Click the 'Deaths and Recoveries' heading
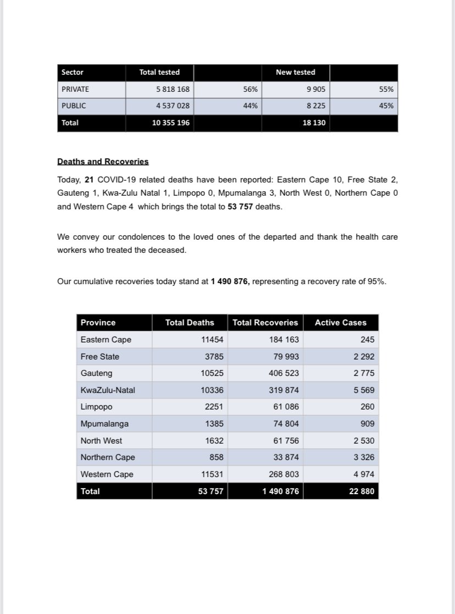103,162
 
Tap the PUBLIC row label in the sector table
74,106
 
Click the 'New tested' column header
296,72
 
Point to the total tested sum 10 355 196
171,123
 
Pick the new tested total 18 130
314,123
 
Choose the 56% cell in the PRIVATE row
251,88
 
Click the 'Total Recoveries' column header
265,323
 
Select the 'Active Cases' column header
340,323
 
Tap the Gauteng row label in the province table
96,373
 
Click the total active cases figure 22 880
362,491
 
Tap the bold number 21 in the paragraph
90,179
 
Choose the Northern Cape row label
108,457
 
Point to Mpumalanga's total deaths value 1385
214,424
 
